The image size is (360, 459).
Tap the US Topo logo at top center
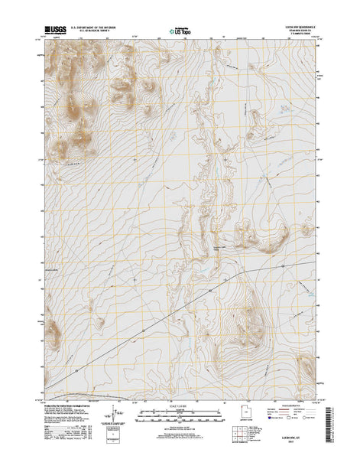[177, 32]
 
